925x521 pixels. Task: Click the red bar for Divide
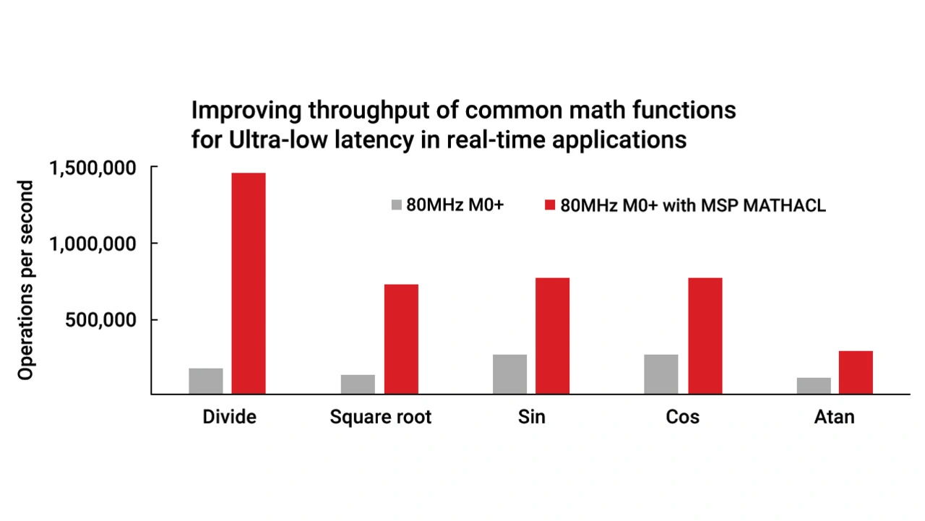(249, 283)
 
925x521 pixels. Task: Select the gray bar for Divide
(206, 381)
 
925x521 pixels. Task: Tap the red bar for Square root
(401, 339)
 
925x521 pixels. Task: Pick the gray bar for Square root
(358, 384)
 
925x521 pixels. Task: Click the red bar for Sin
(552, 336)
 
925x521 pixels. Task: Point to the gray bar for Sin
(509, 374)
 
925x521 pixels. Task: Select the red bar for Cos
(705, 336)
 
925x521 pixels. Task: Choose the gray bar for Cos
(661, 374)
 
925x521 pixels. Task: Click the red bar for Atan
(856, 372)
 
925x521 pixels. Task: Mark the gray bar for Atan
(814, 386)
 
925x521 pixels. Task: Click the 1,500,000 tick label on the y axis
(92, 168)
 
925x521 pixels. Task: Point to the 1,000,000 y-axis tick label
(92, 244)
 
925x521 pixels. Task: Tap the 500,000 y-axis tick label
(100, 320)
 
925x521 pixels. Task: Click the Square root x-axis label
(380, 418)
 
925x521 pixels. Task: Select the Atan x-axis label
(834, 418)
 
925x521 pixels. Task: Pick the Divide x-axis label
(229, 418)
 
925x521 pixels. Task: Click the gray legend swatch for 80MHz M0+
(395, 204)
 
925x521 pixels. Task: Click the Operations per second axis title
(26, 280)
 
